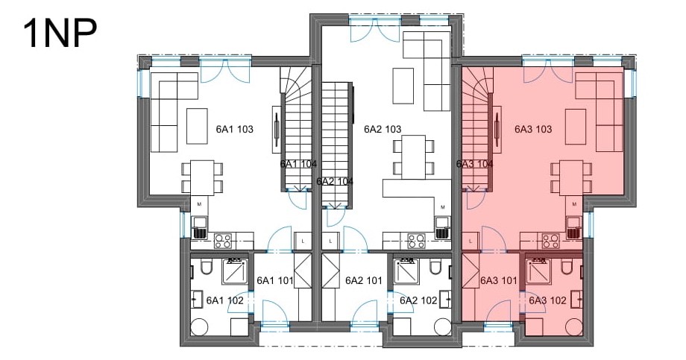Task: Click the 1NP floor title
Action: coord(60,34)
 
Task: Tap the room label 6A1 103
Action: coord(234,129)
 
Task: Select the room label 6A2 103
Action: coord(383,129)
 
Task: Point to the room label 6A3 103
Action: coord(533,129)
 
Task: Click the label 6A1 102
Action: coord(225,300)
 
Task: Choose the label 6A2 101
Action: coord(364,280)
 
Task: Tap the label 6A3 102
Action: coord(547,300)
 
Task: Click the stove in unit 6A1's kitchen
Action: coord(223,241)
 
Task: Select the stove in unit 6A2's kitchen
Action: coord(416,241)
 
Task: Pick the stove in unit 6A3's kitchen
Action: coord(551,241)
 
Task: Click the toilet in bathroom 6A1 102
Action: coord(206,267)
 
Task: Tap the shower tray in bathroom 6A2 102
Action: coord(405,271)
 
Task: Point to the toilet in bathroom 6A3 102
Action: coord(566,267)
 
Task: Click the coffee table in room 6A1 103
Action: coord(197,126)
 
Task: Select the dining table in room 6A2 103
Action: coord(414,157)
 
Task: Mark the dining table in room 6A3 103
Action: coord(571,178)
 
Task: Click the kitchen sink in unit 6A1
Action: coord(199,228)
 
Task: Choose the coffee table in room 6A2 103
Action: coord(403,86)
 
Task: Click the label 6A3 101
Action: coord(499,280)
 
